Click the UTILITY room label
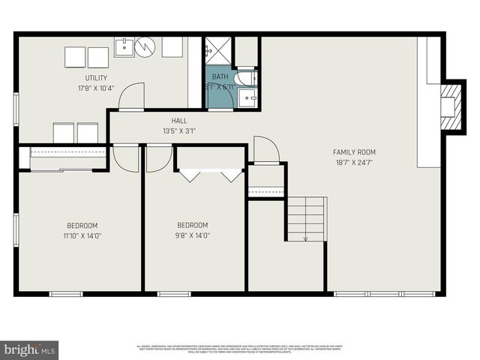coord(96,78)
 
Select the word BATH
coord(220,77)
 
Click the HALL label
coord(178,121)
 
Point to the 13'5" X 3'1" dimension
coord(178,131)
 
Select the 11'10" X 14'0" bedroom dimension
coord(82,235)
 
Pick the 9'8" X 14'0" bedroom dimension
coord(193,235)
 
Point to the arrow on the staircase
coord(306,237)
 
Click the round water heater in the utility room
coord(145,47)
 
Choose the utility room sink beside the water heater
coord(124,46)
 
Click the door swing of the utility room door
coord(130,96)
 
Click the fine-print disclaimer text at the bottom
coord(240,349)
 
